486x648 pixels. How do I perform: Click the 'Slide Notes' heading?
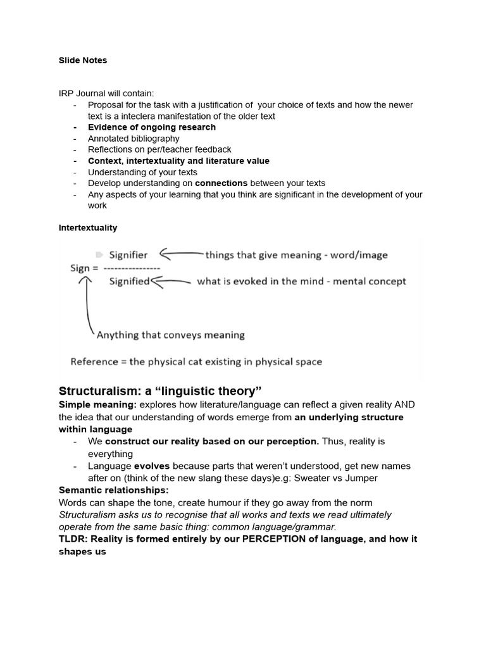click(83, 61)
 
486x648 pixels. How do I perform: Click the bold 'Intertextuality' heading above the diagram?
click(88, 228)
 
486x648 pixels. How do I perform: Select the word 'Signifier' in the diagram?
click(128, 255)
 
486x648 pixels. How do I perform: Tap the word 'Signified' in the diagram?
click(129, 282)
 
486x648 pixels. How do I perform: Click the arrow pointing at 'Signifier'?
click(180, 255)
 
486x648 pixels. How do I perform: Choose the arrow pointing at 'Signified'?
click(171, 282)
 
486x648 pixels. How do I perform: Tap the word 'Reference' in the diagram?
click(94, 362)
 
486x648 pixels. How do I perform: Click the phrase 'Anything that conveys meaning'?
click(170, 335)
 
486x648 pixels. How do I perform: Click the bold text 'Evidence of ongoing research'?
click(152, 127)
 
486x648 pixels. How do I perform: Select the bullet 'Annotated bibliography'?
click(134, 139)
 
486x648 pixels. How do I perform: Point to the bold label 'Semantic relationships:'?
click(113, 490)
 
